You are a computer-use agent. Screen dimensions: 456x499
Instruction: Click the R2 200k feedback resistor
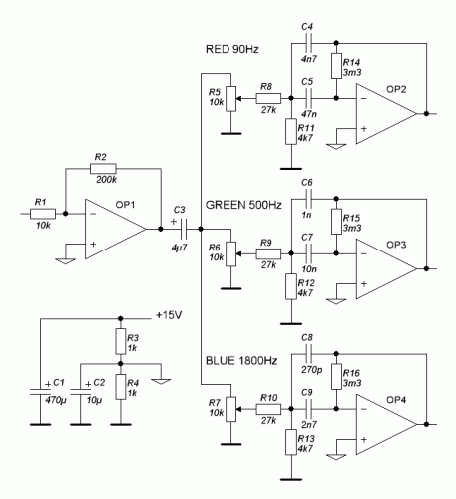pos(103,169)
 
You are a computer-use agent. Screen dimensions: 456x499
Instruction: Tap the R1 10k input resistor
pos(43,214)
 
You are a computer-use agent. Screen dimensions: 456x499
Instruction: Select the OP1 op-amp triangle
pos(116,229)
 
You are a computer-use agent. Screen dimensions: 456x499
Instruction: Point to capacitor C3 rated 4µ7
pos(184,229)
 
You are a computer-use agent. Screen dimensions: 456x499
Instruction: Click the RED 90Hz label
pos(232,49)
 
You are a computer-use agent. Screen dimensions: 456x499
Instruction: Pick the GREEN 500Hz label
pos(243,205)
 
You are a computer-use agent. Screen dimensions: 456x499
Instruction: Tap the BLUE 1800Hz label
pos(241,360)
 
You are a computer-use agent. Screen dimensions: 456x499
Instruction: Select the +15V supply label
pos(169,315)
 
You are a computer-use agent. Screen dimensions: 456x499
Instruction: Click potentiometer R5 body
pos(230,99)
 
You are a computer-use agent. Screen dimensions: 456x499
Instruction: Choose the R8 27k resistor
pos(268,98)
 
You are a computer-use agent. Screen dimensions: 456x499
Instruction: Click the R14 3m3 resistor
pos(336,66)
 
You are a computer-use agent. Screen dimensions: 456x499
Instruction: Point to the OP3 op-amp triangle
pos(386,268)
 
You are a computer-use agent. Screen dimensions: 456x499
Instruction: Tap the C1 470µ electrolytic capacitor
pos(40,391)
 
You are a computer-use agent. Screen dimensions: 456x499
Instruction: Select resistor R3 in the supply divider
pos(121,341)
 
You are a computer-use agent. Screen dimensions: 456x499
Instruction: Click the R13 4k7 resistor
pos(291,442)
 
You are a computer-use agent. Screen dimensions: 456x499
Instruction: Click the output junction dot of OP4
pos(426,424)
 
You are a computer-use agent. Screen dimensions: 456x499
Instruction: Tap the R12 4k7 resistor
pos(291,286)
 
